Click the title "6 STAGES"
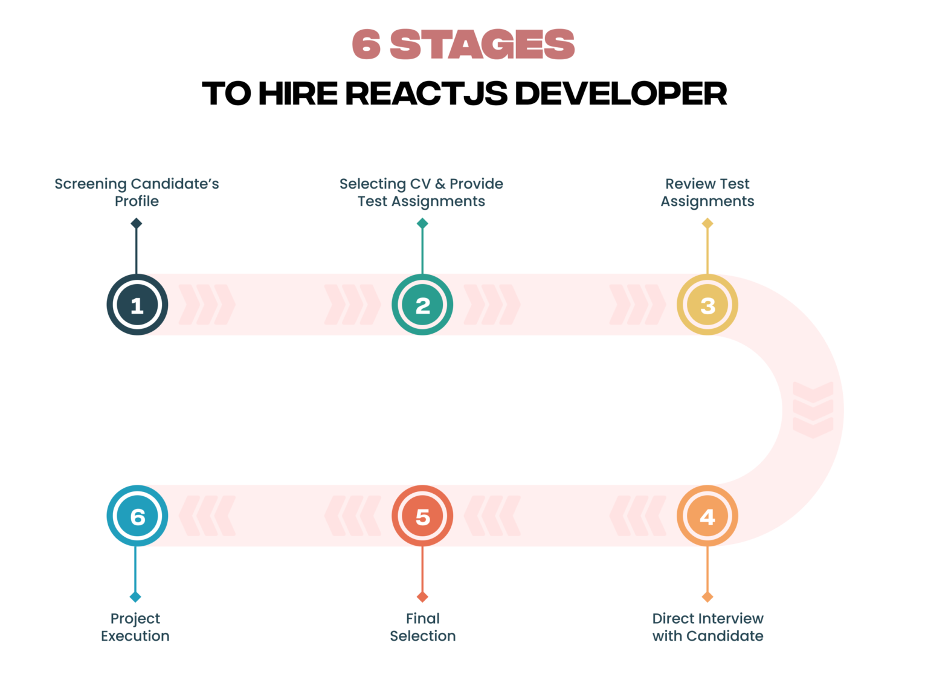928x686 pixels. (463, 44)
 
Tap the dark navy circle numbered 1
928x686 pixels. (137, 305)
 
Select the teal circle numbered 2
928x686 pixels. (422, 305)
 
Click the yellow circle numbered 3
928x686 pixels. (707, 305)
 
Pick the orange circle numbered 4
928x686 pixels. (707, 516)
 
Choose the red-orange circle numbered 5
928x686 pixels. (422, 516)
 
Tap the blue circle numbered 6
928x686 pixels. (137, 516)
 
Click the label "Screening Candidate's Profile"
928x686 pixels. (137, 192)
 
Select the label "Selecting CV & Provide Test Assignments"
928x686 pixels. (421, 192)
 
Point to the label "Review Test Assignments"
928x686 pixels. (707, 192)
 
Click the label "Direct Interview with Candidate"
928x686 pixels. (707, 627)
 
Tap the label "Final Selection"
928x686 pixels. (422, 627)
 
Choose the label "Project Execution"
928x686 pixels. (135, 627)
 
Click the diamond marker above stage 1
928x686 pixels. (137, 224)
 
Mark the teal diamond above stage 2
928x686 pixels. (422, 224)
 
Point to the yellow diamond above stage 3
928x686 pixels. (707, 224)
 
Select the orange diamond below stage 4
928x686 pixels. (707, 597)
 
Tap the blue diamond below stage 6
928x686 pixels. (135, 597)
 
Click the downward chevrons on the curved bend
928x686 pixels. (813, 410)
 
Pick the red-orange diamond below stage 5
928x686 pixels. (422, 597)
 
